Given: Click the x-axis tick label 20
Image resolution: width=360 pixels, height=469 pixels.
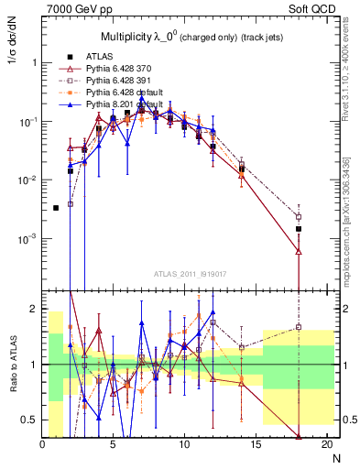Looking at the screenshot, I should tap(325, 444).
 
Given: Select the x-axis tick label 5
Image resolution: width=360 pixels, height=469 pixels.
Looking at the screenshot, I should tap(114, 444).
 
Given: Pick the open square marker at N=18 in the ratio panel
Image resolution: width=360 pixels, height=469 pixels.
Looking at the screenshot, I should tap(299, 327).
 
